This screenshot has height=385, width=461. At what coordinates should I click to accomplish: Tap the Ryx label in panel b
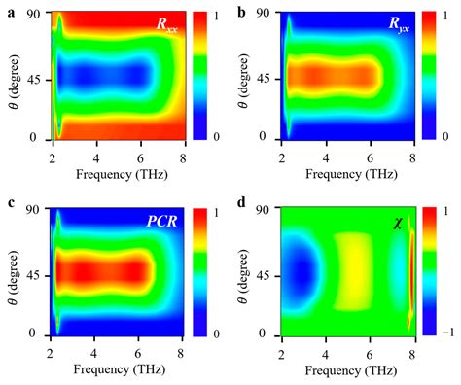pyautogui.click(x=395, y=26)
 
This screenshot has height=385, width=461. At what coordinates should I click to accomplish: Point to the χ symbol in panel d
pyautogui.click(x=397, y=223)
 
